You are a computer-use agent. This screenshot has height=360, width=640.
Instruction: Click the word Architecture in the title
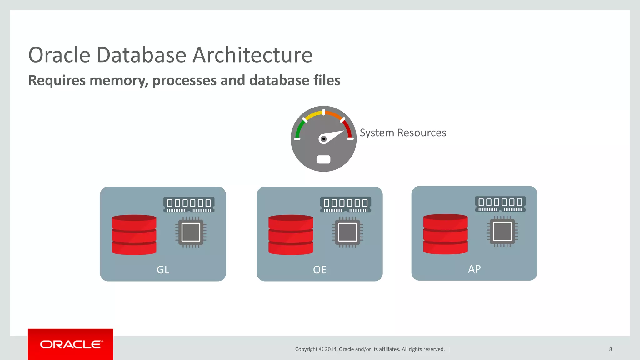click(252, 55)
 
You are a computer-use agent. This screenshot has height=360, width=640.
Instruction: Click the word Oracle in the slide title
click(59, 55)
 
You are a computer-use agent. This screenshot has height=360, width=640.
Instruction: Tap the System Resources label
click(403, 133)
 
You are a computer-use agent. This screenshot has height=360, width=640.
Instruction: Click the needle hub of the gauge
click(323, 139)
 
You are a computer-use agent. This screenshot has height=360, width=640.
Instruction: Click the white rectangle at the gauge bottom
click(323, 159)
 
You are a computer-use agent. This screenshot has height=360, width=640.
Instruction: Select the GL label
click(163, 270)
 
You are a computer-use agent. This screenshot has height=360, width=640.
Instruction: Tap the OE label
click(320, 270)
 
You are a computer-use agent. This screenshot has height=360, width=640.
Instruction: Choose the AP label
click(474, 269)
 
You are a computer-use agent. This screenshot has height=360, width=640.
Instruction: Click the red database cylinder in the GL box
click(134, 235)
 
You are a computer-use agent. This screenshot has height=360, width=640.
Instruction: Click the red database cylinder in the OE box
click(291, 235)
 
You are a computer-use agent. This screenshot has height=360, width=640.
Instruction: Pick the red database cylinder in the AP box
click(445, 234)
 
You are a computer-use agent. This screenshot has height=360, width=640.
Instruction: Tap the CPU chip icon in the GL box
click(191, 232)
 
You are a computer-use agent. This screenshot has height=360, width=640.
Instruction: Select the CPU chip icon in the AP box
click(502, 232)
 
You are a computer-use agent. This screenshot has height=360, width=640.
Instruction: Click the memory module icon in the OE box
click(346, 205)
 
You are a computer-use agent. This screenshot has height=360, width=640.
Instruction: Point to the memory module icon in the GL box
click(189, 205)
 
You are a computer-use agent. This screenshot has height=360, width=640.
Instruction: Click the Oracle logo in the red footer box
click(71, 344)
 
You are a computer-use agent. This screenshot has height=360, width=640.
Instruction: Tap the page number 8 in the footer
click(611, 349)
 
